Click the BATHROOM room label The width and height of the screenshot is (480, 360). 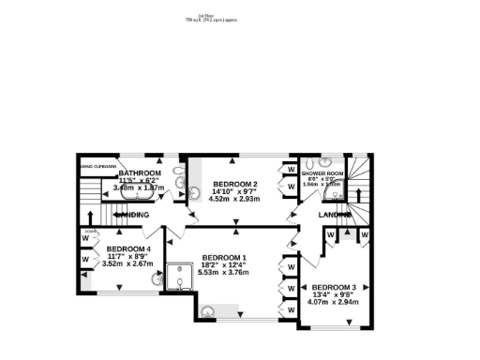140,174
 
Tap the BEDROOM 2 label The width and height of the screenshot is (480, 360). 234,184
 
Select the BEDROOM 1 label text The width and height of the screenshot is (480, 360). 225,258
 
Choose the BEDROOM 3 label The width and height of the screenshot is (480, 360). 335,287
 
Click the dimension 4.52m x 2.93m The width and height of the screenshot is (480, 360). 234,199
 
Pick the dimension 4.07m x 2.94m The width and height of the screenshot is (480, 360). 335,303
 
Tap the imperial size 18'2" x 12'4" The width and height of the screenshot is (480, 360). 225,265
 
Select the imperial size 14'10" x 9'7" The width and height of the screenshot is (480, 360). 234,191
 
